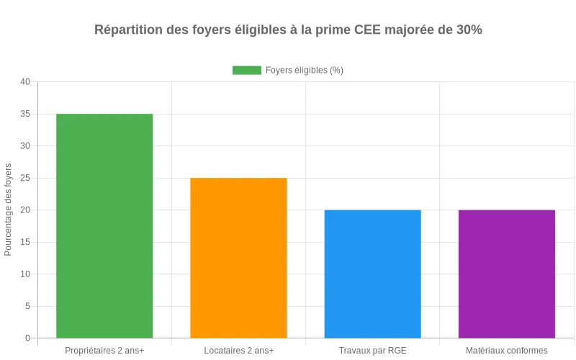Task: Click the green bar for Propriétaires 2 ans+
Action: [x=104, y=225]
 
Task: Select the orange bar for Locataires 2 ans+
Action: [x=238, y=258]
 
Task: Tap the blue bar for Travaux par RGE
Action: [x=372, y=274]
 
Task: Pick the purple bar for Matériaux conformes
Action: [x=506, y=274]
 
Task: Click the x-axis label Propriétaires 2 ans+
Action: [x=104, y=351]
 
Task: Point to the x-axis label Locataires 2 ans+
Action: [x=238, y=351]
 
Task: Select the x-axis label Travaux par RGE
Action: [x=372, y=351]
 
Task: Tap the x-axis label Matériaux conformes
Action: [x=506, y=351]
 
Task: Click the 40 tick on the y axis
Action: [x=25, y=82]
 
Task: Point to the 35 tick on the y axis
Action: [x=25, y=114]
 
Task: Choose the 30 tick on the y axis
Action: [x=25, y=146]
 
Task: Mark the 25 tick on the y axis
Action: [x=25, y=178]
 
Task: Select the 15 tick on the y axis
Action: [x=25, y=242]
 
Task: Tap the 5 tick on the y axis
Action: [x=27, y=306]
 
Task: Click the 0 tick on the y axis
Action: [x=27, y=338]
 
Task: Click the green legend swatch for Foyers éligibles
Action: [x=246, y=70]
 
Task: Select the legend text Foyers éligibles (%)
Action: [x=304, y=70]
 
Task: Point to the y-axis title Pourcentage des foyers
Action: [x=9, y=210]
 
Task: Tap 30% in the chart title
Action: [x=469, y=30]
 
